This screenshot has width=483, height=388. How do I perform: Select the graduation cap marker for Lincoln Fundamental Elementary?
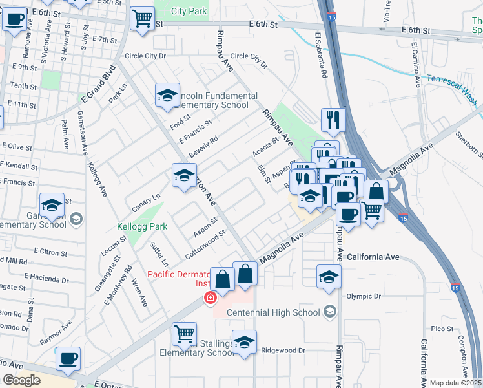tap(167, 95)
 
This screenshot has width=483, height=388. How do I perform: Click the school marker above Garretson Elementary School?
tap(52, 204)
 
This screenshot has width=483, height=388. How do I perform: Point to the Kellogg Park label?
tap(142, 226)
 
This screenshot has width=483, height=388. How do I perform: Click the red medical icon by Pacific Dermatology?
tap(209, 298)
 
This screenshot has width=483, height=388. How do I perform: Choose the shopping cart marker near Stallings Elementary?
tap(184, 334)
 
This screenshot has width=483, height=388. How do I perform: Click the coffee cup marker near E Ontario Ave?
tap(68, 358)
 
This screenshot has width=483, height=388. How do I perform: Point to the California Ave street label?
tap(373, 257)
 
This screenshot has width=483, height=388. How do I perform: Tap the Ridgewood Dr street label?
tap(282, 350)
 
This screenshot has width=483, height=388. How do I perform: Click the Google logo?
tap(21, 380)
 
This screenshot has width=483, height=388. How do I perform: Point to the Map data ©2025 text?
tap(455, 383)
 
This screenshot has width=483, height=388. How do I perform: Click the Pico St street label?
tap(442, 329)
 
